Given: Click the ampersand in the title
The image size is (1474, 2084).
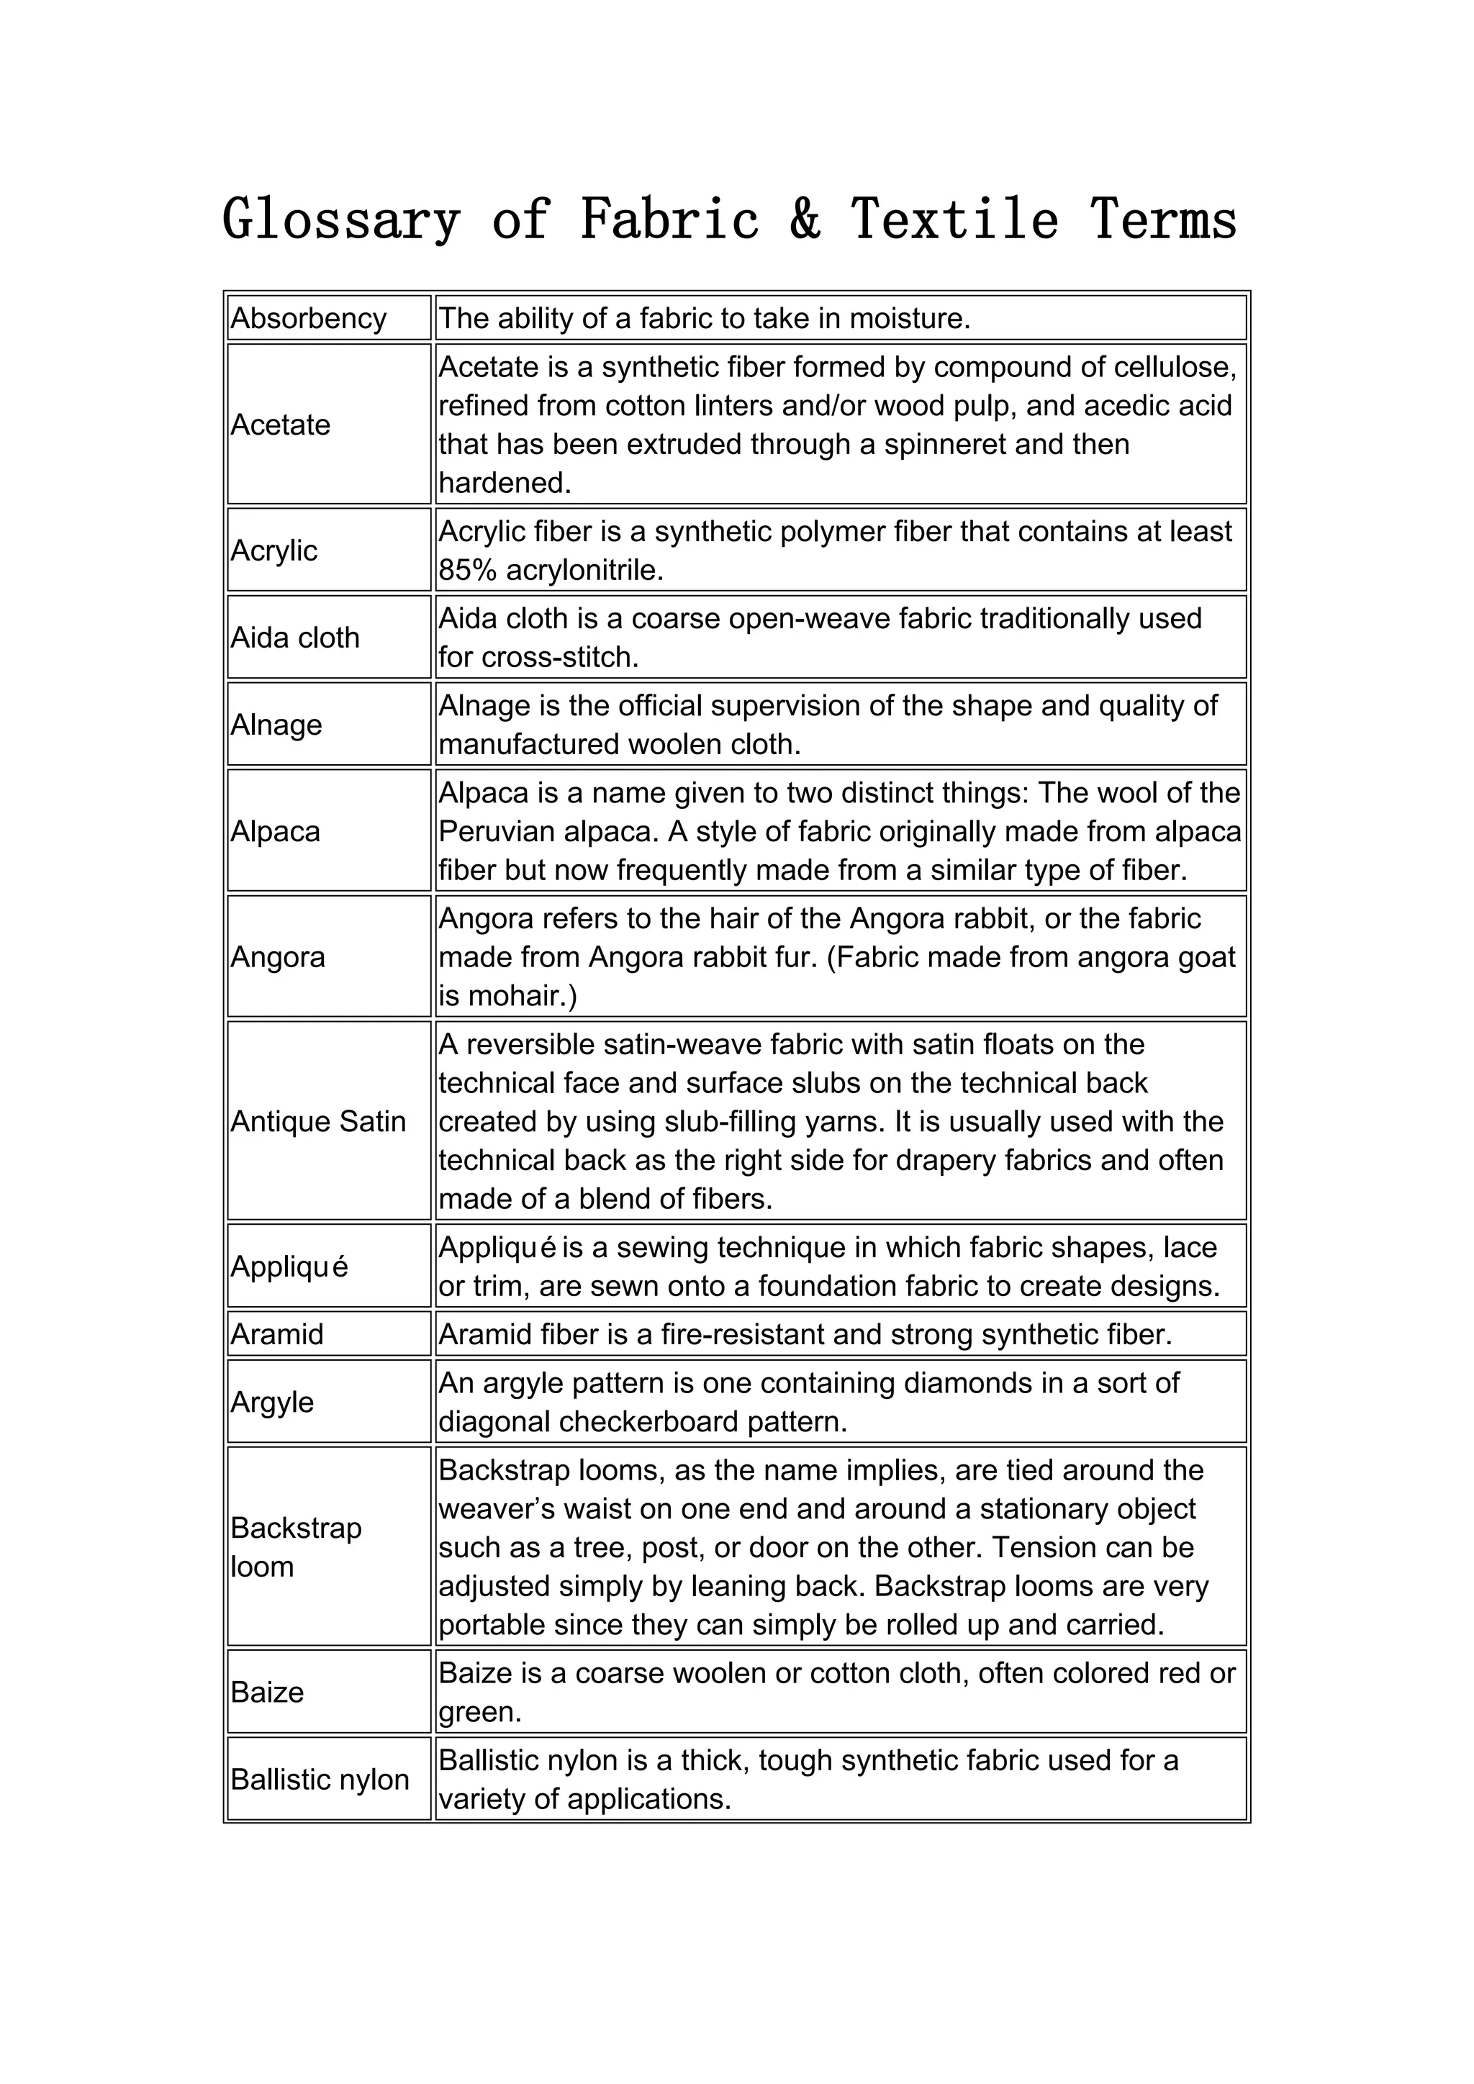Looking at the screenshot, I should coord(805,221).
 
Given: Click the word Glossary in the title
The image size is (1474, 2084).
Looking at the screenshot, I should coord(341,221).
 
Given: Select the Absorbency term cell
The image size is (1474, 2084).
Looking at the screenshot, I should coord(309,319).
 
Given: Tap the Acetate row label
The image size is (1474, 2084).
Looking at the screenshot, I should coord(281,425).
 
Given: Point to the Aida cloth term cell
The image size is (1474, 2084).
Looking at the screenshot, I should coord(295,638).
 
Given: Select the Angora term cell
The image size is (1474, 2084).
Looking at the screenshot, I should coord(278,958).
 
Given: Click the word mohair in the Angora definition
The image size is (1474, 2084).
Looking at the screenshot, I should coord(509,997).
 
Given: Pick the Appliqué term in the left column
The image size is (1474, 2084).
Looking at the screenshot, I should coord(289,1267).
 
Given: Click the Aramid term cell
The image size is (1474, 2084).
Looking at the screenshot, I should coord(277,1334).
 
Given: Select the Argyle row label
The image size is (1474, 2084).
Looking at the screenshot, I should coord(272,1403).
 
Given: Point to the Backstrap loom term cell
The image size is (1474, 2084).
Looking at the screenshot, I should coord(296,1548).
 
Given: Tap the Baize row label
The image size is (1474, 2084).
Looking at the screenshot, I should coord(267,1693).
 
